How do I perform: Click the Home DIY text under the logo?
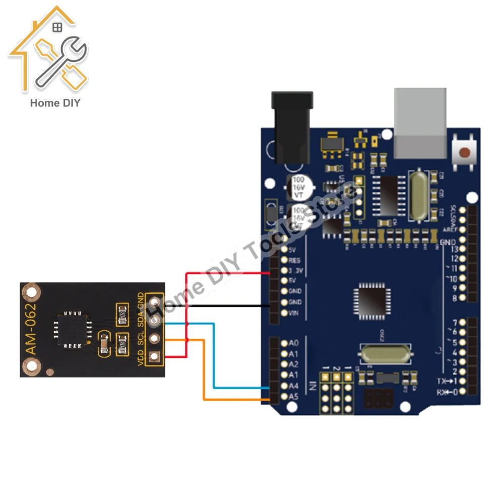coord(55,103)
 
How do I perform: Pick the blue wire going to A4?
coord(214,358)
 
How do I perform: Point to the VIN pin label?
coord(294,313)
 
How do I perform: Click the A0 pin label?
coord(294,343)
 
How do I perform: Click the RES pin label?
coord(294,260)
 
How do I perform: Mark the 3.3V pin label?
coord(295,271)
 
